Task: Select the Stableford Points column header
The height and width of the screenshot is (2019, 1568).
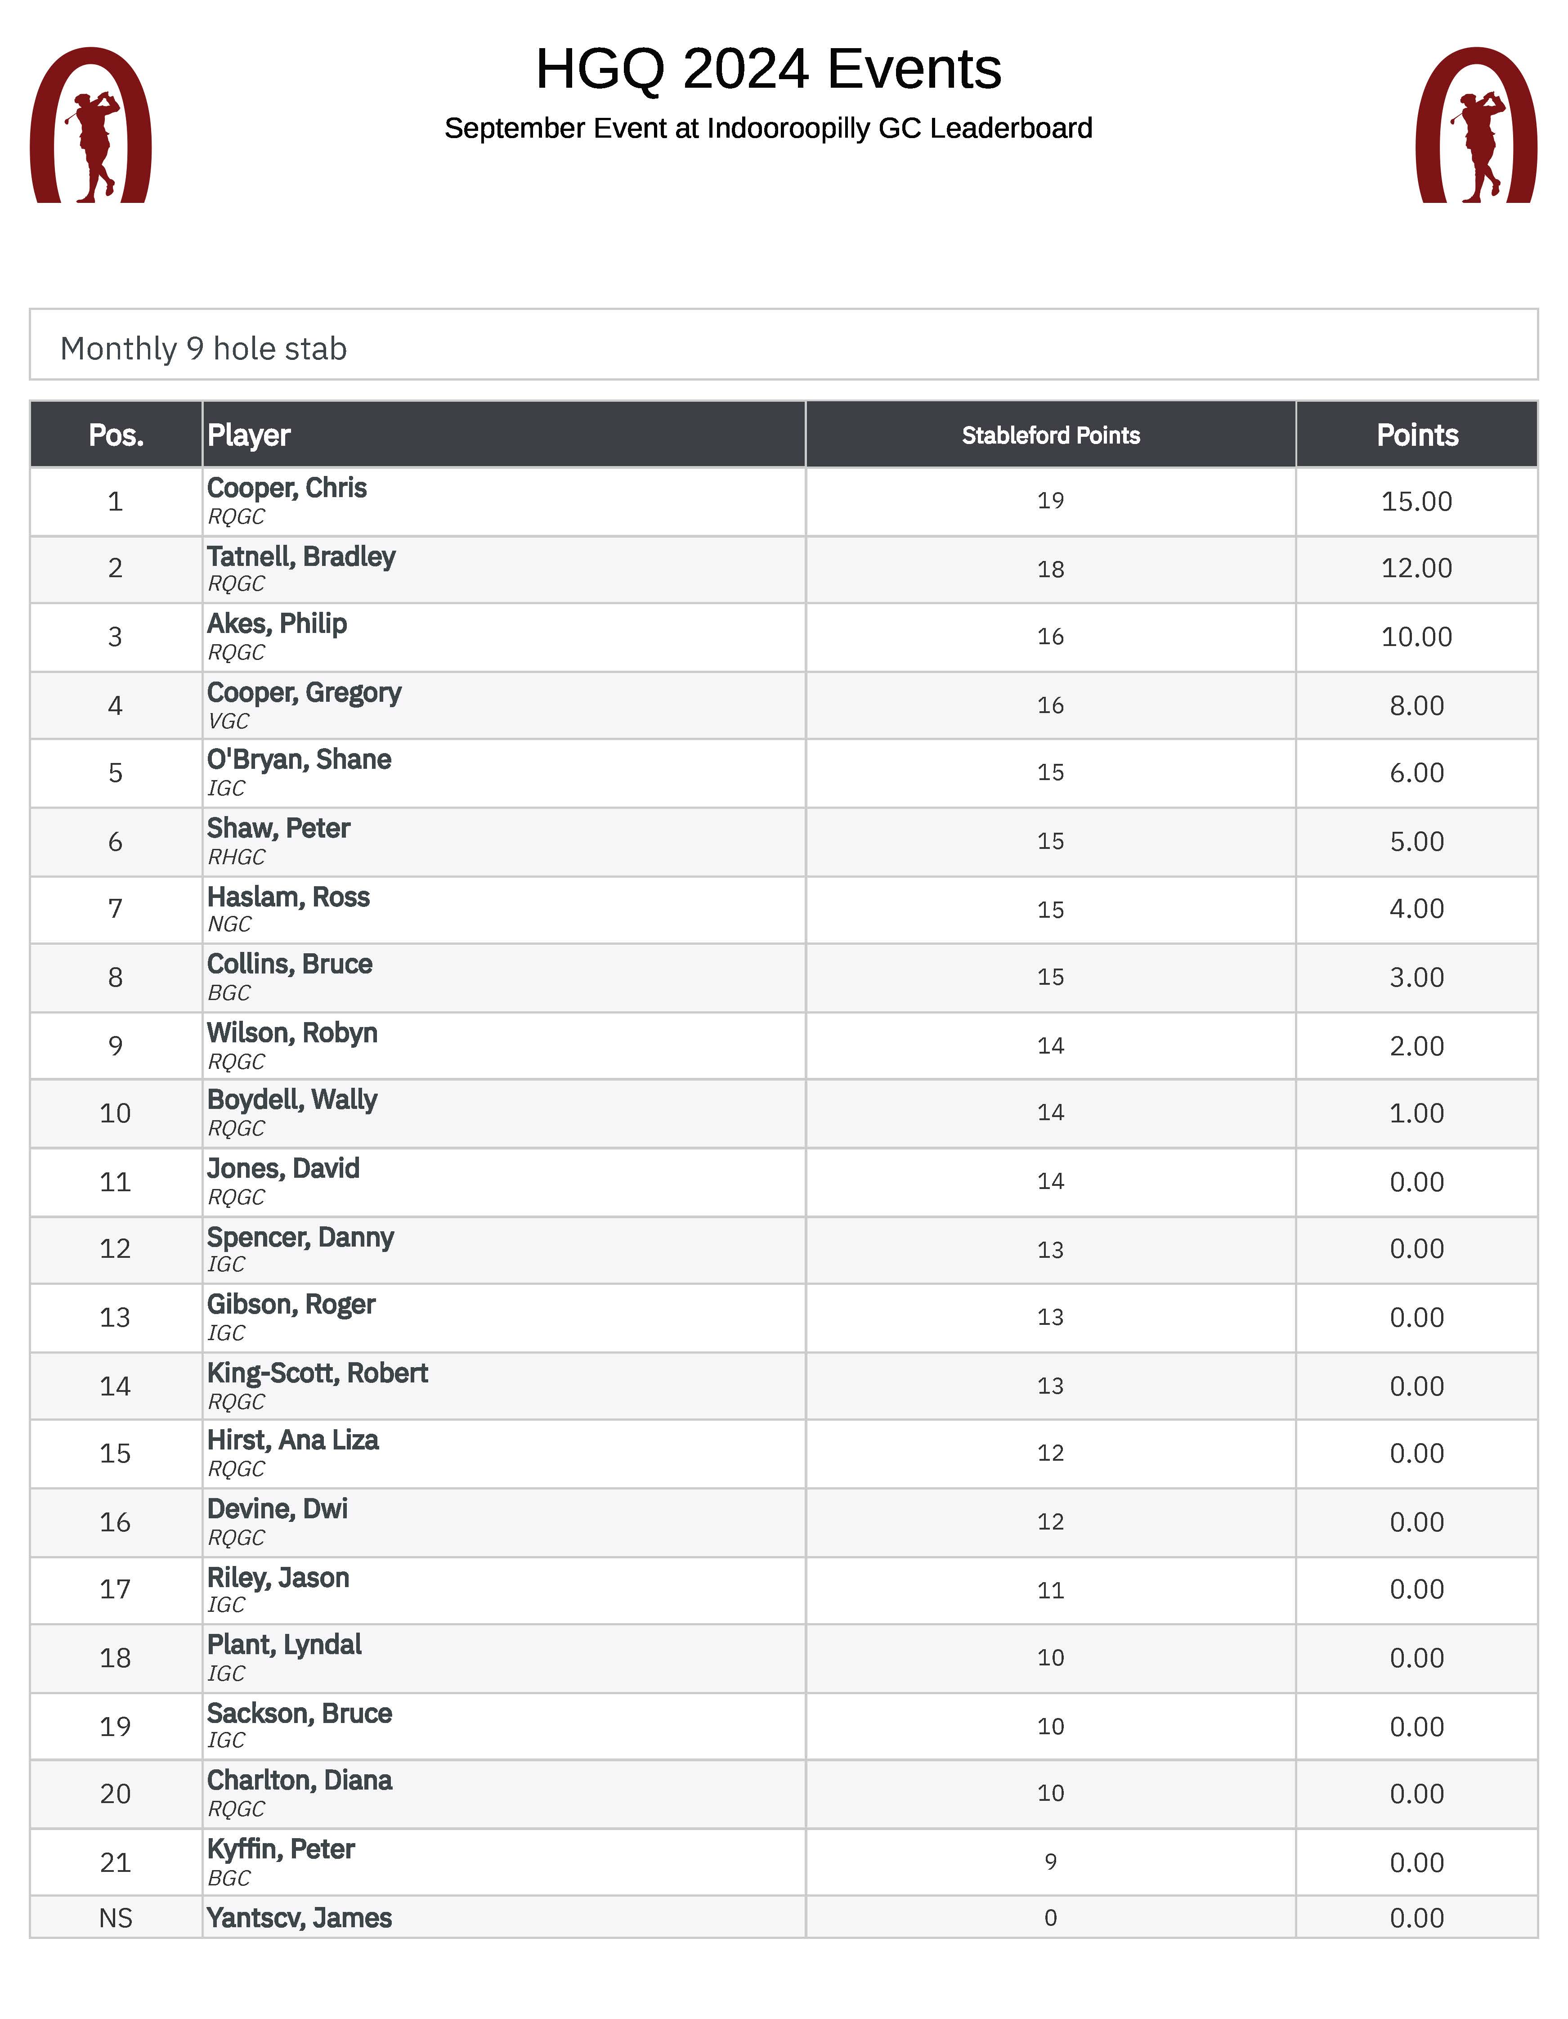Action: click(x=1050, y=435)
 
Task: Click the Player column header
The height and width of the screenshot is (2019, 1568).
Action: click(x=249, y=435)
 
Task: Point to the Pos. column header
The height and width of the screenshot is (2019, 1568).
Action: click(x=116, y=435)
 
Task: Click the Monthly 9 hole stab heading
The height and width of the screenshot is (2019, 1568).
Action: click(x=203, y=349)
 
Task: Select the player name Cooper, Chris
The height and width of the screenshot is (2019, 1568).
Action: click(x=287, y=488)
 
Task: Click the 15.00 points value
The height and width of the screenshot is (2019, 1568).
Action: click(x=1416, y=501)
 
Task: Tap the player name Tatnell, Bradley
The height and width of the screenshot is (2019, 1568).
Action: click(x=300, y=556)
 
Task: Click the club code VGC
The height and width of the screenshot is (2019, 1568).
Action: click(x=228, y=721)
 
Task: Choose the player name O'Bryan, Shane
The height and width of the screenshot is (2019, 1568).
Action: click(x=299, y=760)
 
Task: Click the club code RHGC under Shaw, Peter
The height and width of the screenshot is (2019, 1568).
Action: click(x=236, y=857)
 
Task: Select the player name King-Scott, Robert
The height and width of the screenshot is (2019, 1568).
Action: click(x=317, y=1373)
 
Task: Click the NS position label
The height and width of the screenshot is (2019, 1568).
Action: click(x=116, y=1918)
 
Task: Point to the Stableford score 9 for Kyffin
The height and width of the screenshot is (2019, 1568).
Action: click(x=1050, y=1862)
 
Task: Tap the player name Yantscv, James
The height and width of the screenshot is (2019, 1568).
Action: click(x=299, y=1918)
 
